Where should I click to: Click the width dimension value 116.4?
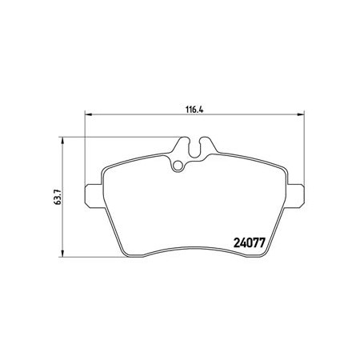click(194, 110)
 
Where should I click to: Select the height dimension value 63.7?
click(58, 197)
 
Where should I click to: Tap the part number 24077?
click(250, 242)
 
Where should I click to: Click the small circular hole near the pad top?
click(177, 166)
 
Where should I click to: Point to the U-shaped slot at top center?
click(195, 150)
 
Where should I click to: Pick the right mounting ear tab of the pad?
click(295, 195)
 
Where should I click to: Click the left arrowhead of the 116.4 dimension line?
click(88, 114)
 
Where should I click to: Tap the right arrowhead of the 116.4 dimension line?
click(301, 114)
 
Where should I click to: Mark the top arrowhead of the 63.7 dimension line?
click(62, 141)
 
